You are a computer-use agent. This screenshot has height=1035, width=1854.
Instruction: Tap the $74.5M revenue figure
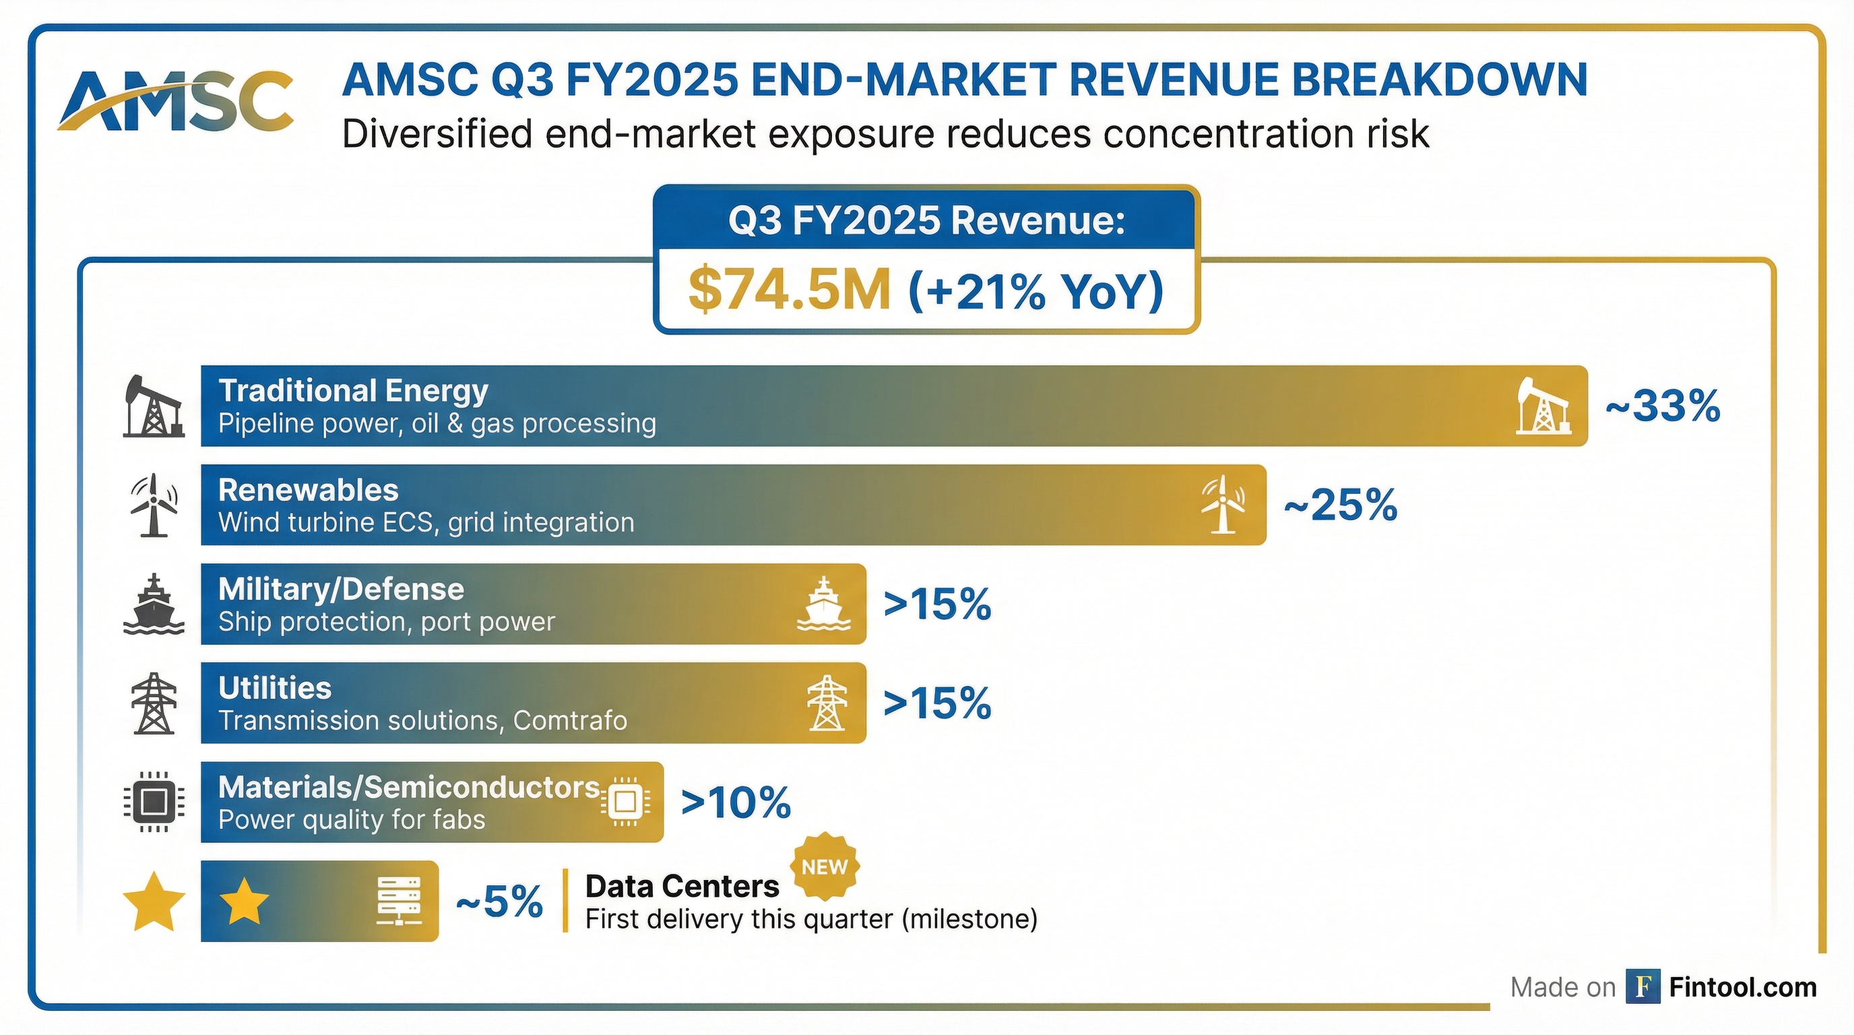pos(789,290)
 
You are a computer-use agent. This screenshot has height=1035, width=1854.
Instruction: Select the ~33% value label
pos(1663,406)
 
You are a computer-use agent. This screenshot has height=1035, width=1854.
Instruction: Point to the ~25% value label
pos(1340,505)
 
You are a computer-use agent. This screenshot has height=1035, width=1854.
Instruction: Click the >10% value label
pos(736,803)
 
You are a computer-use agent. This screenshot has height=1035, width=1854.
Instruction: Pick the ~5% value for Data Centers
pos(499,901)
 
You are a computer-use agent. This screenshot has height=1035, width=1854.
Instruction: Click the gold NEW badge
pos(825,867)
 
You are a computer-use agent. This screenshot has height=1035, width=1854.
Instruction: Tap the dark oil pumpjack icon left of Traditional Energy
pos(152,407)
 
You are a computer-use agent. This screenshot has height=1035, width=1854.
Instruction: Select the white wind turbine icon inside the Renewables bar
pos(1222,505)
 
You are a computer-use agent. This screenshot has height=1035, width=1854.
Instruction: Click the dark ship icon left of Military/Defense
pos(154,604)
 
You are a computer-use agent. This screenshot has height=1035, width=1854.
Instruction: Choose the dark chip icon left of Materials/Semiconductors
pos(154,802)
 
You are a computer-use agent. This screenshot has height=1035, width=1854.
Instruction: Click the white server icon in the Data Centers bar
pos(399,901)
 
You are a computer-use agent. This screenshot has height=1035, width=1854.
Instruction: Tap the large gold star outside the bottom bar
pos(154,902)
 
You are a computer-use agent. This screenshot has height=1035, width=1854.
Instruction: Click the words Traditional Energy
pos(352,391)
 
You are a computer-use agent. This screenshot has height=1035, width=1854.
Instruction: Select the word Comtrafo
pos(569,720)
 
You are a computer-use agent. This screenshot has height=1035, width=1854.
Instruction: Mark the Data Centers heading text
pos(682,887)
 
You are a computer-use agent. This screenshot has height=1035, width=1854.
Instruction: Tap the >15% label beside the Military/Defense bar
pos(937,604)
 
